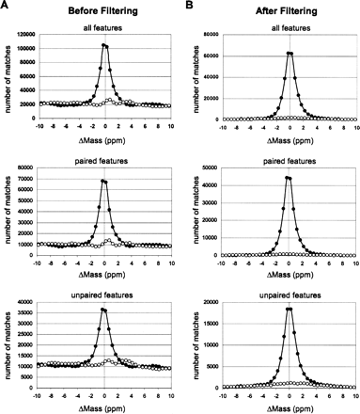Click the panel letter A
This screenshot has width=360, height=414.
click(x=5, y=7)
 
